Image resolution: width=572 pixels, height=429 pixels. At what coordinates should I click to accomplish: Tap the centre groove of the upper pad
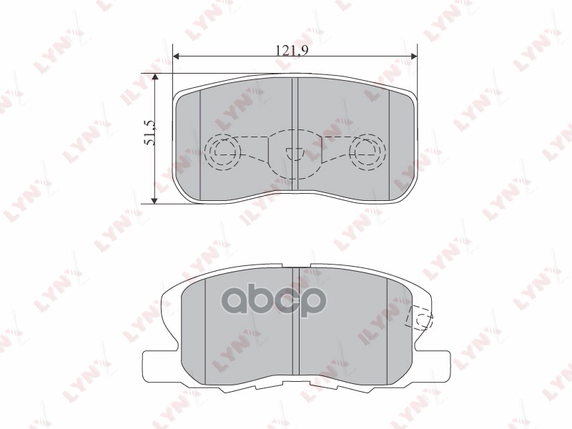coord(295,136)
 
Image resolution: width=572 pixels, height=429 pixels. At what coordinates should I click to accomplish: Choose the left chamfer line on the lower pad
coord(206,329)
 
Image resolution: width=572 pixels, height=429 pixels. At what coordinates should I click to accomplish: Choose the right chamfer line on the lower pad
coord(387,329)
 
